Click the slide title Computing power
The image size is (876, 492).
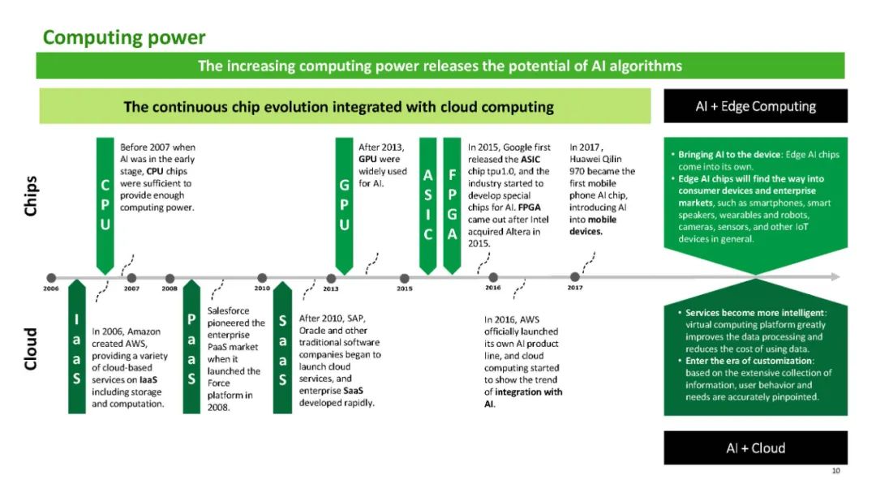pyautogui.click(x=124, y=37)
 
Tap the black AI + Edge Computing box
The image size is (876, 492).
pyautogui.click(x=755, y=106)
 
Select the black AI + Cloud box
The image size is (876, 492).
pyautogui.click(x=755, y=448)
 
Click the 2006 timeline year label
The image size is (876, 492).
pyautogui.click(x=51, y=289)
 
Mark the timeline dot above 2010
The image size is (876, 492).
pyautogui.click(x=262, y=278)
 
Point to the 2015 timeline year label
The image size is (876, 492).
pyautogui.click(x=404, y=289)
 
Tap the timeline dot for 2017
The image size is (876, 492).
pyautogui.click(x=575, y=277)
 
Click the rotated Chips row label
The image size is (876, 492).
pyautogui.click(x=30, y=197)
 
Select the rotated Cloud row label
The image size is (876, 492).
pyautogui.click(x=30, y=349)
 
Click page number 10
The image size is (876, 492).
pyautogui.click(x=836, y=470)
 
